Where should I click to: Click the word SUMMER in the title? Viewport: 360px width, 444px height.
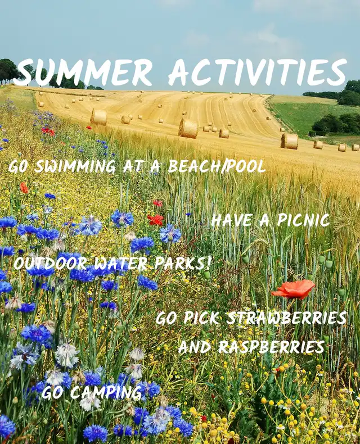[83, 72]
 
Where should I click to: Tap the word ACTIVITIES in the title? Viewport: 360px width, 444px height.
[258, 72]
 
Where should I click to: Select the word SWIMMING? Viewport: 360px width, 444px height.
[75, 166]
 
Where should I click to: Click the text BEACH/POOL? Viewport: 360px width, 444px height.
[217, 166]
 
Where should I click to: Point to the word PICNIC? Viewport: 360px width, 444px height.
[303, 220]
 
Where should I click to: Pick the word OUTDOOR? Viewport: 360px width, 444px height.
[50, 264]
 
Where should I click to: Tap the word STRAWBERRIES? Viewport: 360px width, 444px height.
[286, 318]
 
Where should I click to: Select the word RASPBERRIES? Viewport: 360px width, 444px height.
[271, 347]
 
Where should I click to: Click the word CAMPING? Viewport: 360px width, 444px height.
[105, 392]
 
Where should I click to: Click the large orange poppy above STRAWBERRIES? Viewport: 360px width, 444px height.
[294, 289]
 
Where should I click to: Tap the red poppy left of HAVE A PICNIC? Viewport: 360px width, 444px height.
[155, 219]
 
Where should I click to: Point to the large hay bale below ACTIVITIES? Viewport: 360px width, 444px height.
[188, 128]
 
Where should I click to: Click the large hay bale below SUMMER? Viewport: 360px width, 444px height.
[99, 117]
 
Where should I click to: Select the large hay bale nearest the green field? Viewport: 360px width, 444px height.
[290, 141]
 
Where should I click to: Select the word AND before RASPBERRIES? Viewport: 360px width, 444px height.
[195, 347]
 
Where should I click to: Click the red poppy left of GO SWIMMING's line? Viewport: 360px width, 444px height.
[24, 188]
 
